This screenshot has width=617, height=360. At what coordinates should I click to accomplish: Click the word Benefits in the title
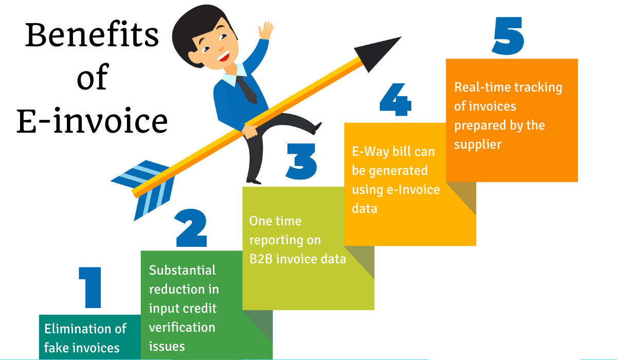[x=92, y=35]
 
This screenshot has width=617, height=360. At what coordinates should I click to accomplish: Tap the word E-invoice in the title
[x=92, y=121]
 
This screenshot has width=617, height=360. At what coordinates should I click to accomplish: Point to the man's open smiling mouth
[x=224, y=56]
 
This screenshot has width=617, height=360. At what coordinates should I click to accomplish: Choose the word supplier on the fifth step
[x=478, y=144]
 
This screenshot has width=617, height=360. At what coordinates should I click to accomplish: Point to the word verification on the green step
[x=182, y=328]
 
